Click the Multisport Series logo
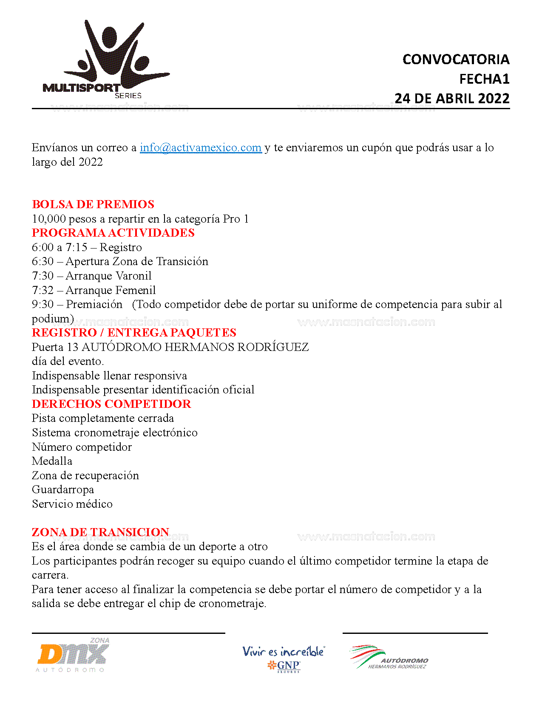tap(106, 59)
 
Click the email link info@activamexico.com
tap(200, 147)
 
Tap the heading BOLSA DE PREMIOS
tap(93, 204)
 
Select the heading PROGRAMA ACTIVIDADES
tap(113, 233)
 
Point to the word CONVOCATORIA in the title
tap(456, 59)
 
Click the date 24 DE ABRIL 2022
tap(452, 99)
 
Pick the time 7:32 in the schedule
tap(43, 290)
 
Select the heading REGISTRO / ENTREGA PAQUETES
tap(134, 333)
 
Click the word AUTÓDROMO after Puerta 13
tap(121, 347)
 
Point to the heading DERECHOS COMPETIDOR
tap(111, 404)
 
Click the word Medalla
tap(52, 461)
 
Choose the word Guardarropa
tap(63, 489)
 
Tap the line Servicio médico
tap(72, 504)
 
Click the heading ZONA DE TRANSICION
tap(100, 532)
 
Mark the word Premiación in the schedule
tap(94, 304)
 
